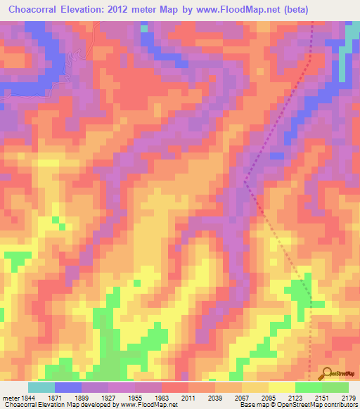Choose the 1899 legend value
click(89, 397)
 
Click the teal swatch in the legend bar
click(41, 387)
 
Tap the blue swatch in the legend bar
click(68, 387)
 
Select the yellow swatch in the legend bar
click(282, 387)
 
